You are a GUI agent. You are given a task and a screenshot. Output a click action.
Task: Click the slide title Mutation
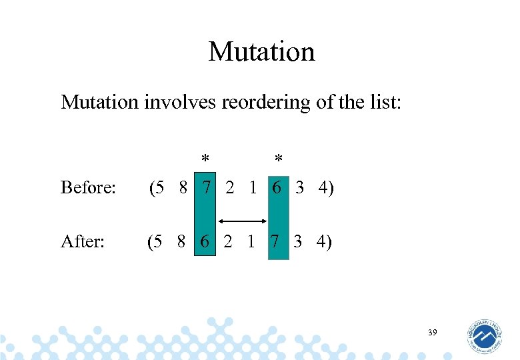click(x=261, y=51)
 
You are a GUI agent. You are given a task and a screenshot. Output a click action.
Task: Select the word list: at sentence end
click(x=383, y=103)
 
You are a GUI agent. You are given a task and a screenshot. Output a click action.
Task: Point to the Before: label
click(x=89, y=188)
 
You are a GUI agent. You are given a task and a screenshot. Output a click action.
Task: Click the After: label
click(x=83, y=241)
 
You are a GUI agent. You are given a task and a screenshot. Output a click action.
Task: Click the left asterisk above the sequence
click(x=206, y=159)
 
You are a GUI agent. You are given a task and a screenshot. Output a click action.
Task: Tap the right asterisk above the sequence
click(x=279, y=159)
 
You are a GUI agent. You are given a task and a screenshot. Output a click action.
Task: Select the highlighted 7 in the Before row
click(x=207, y=188)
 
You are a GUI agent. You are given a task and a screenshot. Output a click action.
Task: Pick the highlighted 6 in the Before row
click(x=277, y=188)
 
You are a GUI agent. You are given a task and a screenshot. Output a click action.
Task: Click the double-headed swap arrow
click(x=242, y=220)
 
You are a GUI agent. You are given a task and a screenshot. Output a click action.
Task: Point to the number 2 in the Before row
click(x=230, y=188)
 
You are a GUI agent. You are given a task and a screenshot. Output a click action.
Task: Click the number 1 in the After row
click(x=251, y=241)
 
